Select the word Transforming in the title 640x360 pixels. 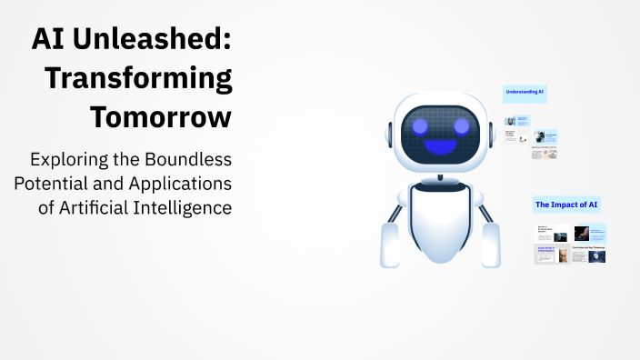click(x=138, y=79)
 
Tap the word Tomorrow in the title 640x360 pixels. click(x=161, y=117)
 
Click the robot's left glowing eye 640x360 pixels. click(x=420, y=125)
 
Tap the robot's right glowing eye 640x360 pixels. click(x=462, y=125)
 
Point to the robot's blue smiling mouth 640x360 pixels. click(x=441, y=145)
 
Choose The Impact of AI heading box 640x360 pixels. click(x=567, y=205)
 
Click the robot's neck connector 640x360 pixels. click(x=441, y=177)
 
